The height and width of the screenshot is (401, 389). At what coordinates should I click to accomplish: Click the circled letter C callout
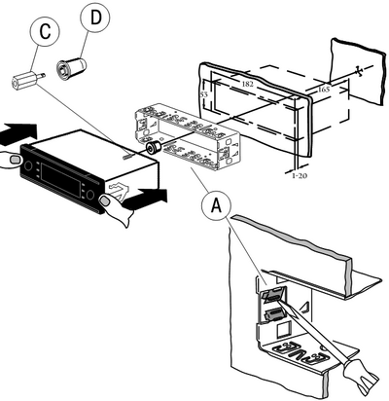pos(45,32)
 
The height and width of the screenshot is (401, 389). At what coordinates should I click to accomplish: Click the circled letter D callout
pos(95,18)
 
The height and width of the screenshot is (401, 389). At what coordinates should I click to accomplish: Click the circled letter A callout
pos(216,205)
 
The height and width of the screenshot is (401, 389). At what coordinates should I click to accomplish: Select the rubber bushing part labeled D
pos(71,67)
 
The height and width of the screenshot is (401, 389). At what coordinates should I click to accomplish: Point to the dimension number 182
pos(247,84)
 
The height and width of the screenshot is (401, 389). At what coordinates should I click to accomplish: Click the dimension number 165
pos(323,89)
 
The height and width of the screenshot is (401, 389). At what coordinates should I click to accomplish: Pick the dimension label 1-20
pos(300,176)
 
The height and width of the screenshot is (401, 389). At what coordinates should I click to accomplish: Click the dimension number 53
pos(204,94)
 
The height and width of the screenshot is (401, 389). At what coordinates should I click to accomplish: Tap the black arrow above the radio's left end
pos(18,133)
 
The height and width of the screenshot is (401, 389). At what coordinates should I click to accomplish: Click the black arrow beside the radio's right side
pos(145,197)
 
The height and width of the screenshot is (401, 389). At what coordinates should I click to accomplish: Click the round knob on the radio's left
pos(27,165)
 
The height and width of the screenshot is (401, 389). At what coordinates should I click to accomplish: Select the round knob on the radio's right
pos(89,195)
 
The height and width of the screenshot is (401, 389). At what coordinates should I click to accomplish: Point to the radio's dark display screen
pos(61,180)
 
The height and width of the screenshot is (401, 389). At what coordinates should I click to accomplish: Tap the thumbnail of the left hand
pos(15,160)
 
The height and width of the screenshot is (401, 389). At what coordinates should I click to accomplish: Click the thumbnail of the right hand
pos(104,200)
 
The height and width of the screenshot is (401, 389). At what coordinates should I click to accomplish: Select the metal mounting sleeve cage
pos(187,136)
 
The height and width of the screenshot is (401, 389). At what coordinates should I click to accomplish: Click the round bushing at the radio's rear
pos(152,148)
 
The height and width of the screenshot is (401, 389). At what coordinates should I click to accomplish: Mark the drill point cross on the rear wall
pos(358,72)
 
